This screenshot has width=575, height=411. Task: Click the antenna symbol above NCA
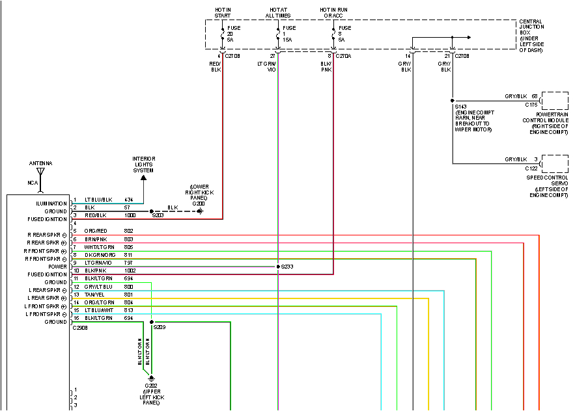[x=40, y=173]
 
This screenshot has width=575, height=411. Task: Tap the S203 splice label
[x=158, y=215]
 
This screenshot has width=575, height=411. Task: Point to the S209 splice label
[x=160, y=327]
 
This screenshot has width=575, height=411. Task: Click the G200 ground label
[x=198, y=204]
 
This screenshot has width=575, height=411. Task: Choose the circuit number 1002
[x=130, y=270]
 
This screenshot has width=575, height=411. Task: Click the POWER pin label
[x=57, y=267]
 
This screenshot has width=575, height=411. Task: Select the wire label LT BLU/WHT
[x=99, y=310]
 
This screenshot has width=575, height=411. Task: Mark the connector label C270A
[x=343, y=57]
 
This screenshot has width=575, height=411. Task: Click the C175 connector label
[x=531, y=104]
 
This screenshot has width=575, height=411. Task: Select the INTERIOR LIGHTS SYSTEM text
[x=143, y=163]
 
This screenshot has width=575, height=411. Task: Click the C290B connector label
[x=81, y=328]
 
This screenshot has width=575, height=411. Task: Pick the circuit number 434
[x=128, y=200]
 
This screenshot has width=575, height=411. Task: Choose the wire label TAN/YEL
[x=95, y=295]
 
